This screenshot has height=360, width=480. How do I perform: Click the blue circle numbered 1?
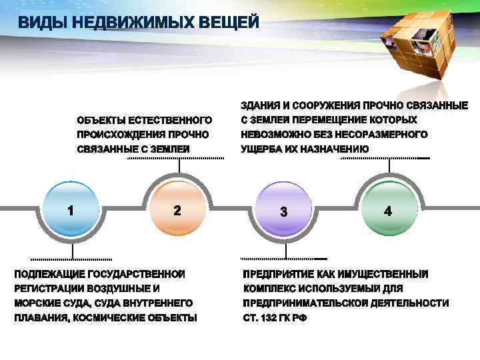[71, 210]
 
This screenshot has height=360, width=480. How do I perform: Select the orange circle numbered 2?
[177, 210]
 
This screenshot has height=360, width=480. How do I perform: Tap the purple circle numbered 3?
[284, 211]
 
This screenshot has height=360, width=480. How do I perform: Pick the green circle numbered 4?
[388, 210]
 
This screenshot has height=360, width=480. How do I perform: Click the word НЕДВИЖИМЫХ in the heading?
[127, 23]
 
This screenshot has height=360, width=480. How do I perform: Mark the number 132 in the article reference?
[271, 318]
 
